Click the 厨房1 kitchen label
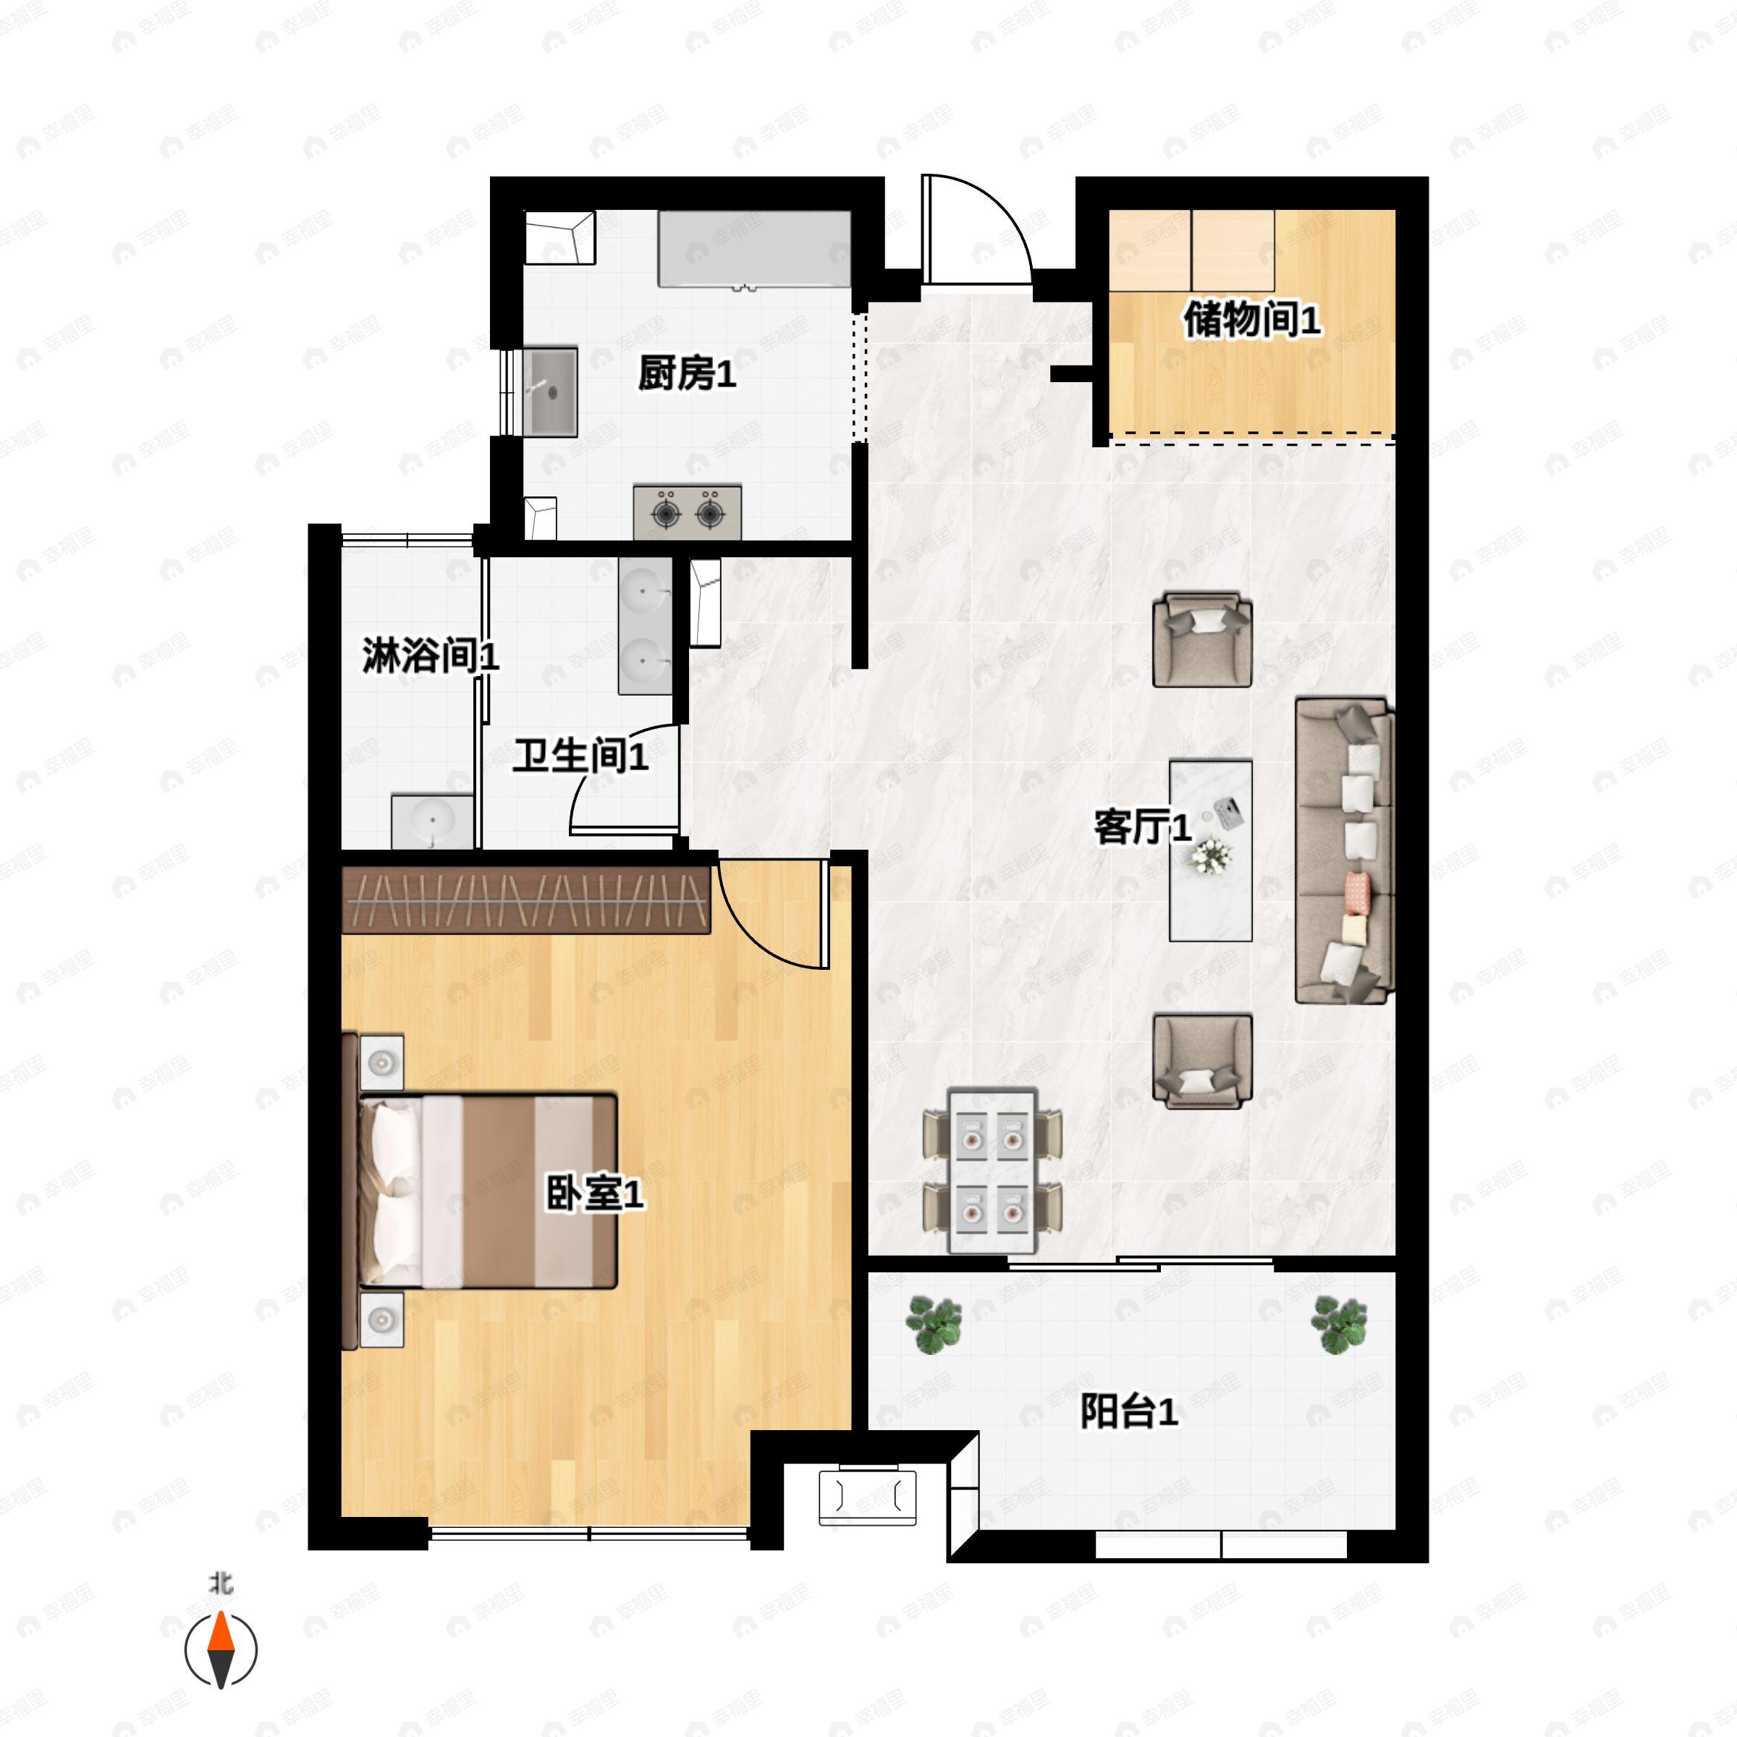click(x=687, y=373)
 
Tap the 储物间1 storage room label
click(x=1251, y=319)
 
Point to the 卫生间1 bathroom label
click(x=580, y=756)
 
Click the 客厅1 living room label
click(x=1143, y=827)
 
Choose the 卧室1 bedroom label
click(x=595, y=1194)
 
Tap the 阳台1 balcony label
click(x=1128, y=1411)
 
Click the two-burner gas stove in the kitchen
click(x=688, y=512)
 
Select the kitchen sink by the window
click(x=550, y=392)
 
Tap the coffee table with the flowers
click(x=1210, y=850)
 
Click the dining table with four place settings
click(x=992, y=1172)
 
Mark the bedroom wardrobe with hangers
click(x=526, y=899)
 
